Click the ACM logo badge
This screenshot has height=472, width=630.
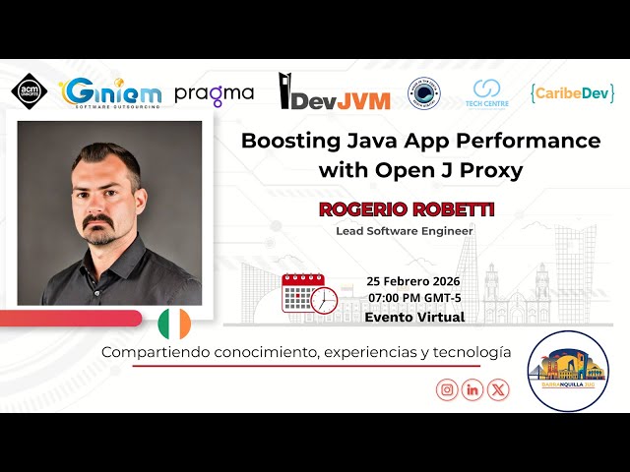(29, 91)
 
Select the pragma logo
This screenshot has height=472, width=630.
(214, 94)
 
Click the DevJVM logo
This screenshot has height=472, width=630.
(335, 92)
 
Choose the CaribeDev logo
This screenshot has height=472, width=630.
(572, 93)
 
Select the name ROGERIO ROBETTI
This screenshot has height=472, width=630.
(405, 209)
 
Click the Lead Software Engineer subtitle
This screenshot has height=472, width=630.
(405, 231)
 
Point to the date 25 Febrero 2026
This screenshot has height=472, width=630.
(413, 280)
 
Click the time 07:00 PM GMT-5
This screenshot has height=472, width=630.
(414, 298)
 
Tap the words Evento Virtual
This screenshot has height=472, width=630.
(414, 317)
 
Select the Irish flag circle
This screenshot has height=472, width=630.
(175, 324)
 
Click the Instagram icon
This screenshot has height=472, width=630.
(447, 389)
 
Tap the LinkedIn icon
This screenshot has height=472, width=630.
(473, 389)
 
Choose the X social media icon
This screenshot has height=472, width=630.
(499, 389)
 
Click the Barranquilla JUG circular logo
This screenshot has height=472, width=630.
(568, 372)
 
